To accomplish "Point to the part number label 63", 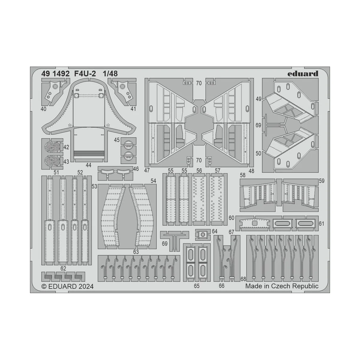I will click(x=136, y=251).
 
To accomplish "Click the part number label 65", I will click(x=196, y=286).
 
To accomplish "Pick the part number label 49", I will click(x=259, y=99).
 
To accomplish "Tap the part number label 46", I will click(x=136, y=169).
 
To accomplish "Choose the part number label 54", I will click(x=153, y=181).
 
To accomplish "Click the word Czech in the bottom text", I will click(x=280, y=286).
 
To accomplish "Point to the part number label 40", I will click(x=44, y=109).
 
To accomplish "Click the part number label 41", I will click(x=133, y=109).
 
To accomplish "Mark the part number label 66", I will click(x=221, y=286).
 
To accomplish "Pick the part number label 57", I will click(x=217, y=171).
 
